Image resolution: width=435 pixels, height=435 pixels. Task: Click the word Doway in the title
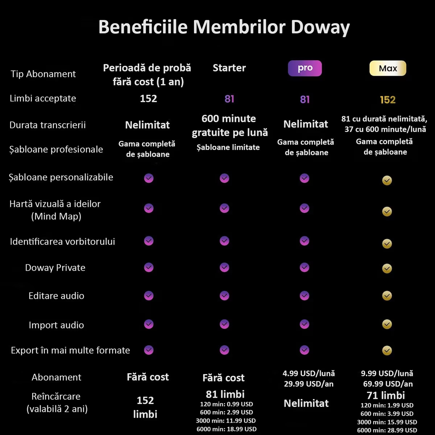(320, 28)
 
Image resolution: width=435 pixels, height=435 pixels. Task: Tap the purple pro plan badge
(305, 68)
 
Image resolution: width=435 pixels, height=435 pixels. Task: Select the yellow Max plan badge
(388, 68)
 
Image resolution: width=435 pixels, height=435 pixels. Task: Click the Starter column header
(229, 68)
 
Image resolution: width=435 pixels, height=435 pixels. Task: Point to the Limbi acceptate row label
(43, 98)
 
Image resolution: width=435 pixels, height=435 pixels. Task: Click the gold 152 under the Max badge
(388, 100)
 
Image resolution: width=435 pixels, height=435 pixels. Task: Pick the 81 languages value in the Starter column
(229, 99)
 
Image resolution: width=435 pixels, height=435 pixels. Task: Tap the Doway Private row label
(55, 268)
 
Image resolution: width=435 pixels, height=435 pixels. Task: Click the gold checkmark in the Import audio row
(387, 324)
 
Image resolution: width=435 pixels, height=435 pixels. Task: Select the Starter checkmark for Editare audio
(224, 296)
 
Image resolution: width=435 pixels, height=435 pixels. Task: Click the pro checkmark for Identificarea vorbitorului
(304, 241)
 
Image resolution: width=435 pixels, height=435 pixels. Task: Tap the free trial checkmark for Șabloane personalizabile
(149, 178)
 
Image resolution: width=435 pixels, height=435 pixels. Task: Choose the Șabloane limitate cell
(228, 147)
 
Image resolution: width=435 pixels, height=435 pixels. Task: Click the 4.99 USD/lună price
(308, 373)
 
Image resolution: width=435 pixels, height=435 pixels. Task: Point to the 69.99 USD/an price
(388, 384)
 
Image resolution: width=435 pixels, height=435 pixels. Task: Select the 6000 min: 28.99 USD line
(387, 430)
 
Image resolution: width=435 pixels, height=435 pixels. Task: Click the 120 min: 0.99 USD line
(226, 404)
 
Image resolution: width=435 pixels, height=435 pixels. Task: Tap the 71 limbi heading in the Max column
(386, 395)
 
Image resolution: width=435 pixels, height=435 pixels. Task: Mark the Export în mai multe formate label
(70, 350)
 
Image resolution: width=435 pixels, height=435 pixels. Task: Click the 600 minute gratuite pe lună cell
(229, 125)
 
